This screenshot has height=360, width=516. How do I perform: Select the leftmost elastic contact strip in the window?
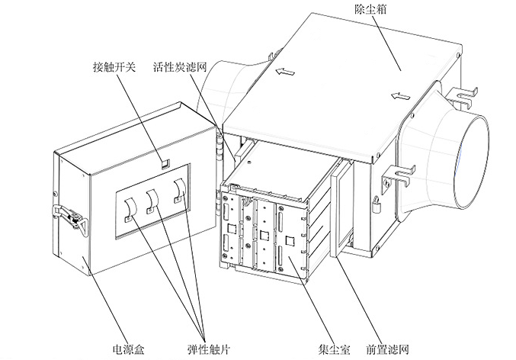tap(129, 204)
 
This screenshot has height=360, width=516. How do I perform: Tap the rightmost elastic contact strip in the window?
tap(179, 190)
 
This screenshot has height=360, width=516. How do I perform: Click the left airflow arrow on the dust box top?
tap(285, 73)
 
